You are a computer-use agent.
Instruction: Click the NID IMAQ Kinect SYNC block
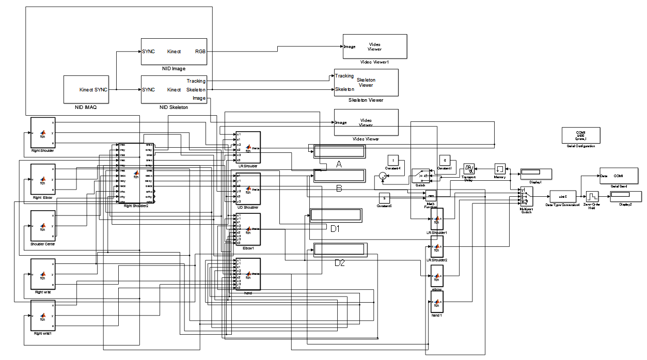point(86,89)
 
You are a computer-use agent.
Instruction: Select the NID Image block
point(173,51)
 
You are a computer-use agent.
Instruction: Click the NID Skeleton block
point(173,89)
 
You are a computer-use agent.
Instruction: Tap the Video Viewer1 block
point(374,46)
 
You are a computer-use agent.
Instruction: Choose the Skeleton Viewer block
point(366,82)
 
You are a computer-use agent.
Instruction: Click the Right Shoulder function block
point(42,132)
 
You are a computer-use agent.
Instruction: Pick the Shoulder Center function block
point(42,226)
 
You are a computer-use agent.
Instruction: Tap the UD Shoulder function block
point(248,189)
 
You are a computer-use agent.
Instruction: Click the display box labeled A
point(339,151)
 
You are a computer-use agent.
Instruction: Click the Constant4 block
point(393,161)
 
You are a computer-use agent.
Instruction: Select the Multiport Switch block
point(526,196)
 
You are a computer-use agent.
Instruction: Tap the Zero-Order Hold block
point(591,197)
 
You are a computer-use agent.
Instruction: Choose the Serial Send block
point(618,176)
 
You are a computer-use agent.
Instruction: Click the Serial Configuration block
point(580,135)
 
